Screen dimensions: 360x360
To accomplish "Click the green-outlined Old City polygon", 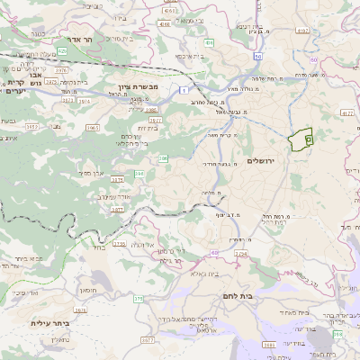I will click(300, 139).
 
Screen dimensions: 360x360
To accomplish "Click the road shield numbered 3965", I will click(93, 128).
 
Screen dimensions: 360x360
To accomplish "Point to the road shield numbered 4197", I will click(301, 31).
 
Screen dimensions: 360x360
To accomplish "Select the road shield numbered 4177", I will click(348, 113).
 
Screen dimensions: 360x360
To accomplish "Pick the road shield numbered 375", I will click(138, 298).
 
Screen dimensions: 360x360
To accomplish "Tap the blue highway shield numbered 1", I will click(183, 90).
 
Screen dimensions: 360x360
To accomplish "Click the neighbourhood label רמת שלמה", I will click(263, 79).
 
